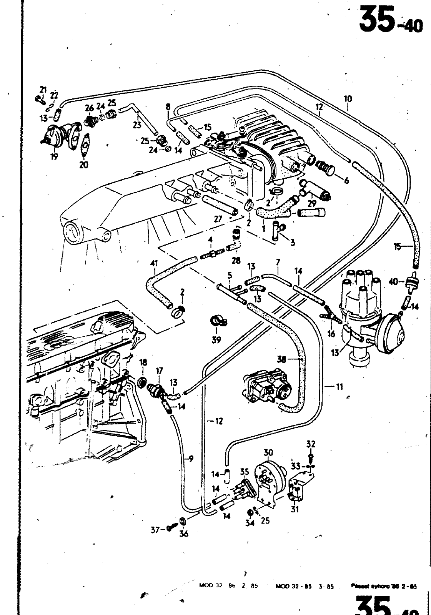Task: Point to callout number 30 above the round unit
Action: click(x=268, y=452)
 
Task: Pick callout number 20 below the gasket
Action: click(x=84, y=165)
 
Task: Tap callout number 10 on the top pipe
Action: click(x=348, y=99)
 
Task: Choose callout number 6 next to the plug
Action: click(x=346, y=180)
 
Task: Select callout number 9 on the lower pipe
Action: click(x=190, y=458)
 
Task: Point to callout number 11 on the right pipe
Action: click(x=339, y=387)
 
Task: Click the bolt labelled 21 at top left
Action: click(x=38, y=99)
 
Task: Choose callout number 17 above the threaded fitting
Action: click(x=159, y=371)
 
